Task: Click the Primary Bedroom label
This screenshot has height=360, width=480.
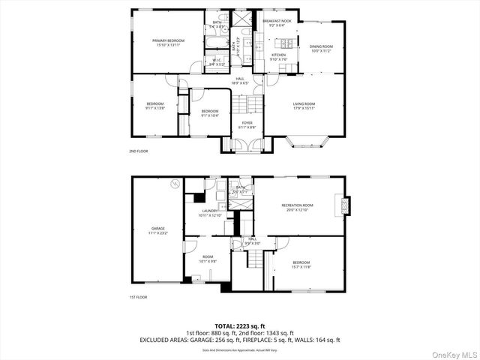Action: (x=169, y=40)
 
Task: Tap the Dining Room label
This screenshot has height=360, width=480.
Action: (x=321, y=46)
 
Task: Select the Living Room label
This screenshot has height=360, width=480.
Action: (x=304, y=103)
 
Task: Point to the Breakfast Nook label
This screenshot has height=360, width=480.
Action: (x=277, y=21)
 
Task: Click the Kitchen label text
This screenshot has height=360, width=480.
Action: (x=278, y=55)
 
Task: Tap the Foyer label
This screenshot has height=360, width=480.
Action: (x=247, y=122)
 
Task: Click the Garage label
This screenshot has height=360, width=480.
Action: (x=157, y=228)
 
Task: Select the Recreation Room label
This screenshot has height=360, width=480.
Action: (x=297, y=205)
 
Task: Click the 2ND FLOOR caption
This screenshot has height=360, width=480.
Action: (x=138, y=151)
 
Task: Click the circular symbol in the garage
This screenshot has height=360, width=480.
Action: (x=175, y=183)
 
